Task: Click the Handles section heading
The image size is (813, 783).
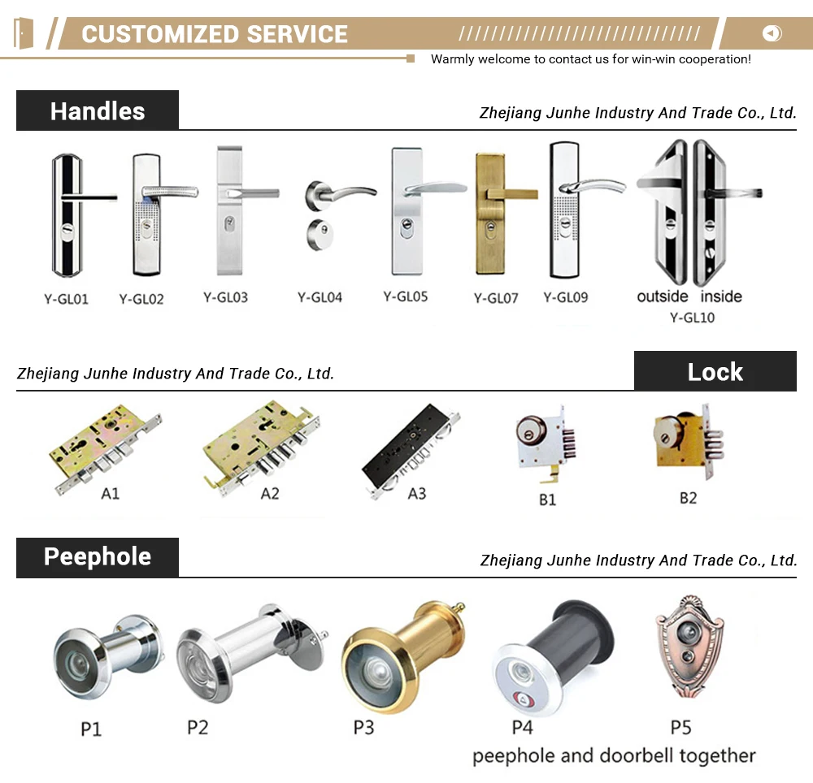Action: (x=98, y=111)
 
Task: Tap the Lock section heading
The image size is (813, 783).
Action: (x=715, y=372)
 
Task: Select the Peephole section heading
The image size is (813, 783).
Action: (x=98, y=556)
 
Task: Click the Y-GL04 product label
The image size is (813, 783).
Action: (x=320, y=297)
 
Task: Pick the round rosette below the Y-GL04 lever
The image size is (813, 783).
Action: (x=320, y=236)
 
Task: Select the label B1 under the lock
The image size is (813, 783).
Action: (x=547, y=500)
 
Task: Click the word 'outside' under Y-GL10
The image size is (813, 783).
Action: (x=663, y=296)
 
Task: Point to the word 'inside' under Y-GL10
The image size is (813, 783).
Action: (x=721, y=296)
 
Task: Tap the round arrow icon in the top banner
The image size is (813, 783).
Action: (x=772, y=33)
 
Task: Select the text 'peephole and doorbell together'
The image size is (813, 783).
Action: (x=614, y=756)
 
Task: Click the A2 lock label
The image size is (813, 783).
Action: (x=270, y=493)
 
